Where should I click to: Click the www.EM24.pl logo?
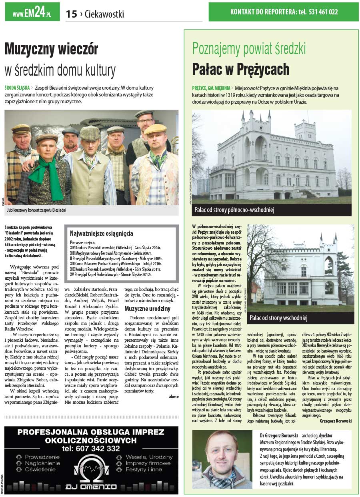pyautogui.click(x=32, y=12)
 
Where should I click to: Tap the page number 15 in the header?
pyautogui.click(x=71, y=14)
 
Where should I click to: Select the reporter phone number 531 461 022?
pyautogui.click(x=323, y=12)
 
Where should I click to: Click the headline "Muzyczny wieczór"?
pyautogui.click(x=51, y=50)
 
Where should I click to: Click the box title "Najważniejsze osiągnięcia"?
pyautogui.click(x=102, y=233)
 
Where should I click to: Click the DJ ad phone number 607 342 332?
pyautogui.click(x=91, y=449)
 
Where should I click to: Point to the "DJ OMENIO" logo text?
pyautogui.click(x=91, y=487)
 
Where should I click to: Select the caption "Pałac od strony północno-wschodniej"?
pyautogui.click(x=234, y=210)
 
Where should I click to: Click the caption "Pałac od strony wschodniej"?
pyautogui.click(x=278, y=318)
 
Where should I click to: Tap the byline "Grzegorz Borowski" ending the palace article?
pyautogui.click(x=336, y=421)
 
